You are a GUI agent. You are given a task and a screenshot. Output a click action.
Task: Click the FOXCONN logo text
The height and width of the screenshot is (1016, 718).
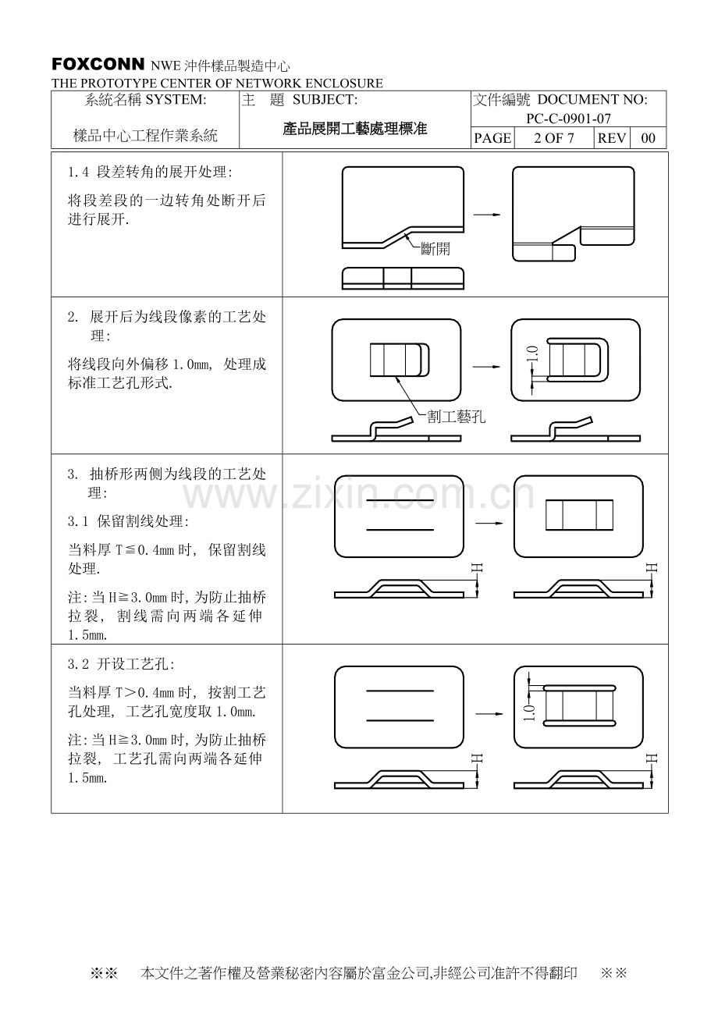click(98, 65)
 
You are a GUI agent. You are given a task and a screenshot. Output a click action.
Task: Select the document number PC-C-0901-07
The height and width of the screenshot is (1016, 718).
click(568, 119)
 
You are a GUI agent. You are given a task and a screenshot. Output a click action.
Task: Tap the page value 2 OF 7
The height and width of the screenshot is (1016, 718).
click(554, 138)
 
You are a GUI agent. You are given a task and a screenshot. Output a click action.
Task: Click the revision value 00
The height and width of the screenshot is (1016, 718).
click(648, 138)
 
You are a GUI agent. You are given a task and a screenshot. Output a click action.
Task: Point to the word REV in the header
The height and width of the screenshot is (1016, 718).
click(612, 138)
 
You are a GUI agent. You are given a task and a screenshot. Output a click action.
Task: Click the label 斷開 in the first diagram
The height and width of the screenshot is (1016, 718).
click(435, 249)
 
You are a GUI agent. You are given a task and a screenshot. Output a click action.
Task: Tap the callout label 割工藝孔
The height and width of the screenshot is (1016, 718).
click(456, 417)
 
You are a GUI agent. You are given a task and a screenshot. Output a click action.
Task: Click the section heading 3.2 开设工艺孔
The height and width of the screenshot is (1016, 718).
click(121, 665)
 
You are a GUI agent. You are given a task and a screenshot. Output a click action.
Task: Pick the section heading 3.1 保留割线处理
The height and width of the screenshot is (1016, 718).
click(128, 521)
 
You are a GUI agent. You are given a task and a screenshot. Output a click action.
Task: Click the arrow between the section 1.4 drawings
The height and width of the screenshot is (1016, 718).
click(487, 215)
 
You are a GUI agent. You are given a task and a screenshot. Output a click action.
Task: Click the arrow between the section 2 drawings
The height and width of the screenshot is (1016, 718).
click(486, 367)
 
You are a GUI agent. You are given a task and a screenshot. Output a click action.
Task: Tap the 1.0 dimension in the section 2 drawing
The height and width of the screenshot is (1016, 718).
click(533, 353)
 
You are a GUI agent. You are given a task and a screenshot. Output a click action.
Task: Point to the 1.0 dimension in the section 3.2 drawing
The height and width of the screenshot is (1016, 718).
click(529, 712)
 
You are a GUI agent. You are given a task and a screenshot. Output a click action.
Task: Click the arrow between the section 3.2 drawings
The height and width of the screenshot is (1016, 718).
click(489, 713)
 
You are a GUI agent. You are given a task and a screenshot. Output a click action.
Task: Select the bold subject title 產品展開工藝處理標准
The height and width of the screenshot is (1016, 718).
click(354, 129)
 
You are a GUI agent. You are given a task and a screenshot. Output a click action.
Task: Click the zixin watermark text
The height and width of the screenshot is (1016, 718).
click(358, 495)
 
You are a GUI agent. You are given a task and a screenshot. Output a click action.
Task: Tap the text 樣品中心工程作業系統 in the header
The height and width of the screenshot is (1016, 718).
click(146, 135)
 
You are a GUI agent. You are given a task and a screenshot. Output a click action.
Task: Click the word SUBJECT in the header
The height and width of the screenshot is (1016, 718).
click(325, 99)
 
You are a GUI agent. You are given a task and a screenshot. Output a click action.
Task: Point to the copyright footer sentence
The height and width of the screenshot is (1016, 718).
click(359, 972)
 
